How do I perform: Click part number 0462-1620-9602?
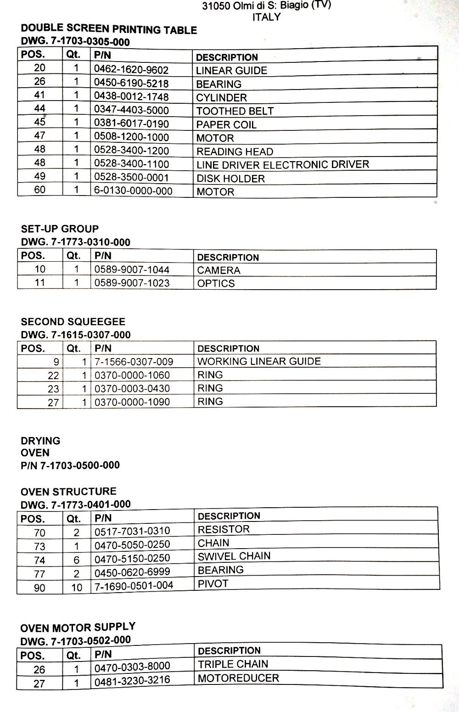pyautogui.click(x=131, y=70)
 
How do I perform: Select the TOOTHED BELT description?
pyautogui.click(x=235, y=111)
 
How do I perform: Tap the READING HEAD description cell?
pyautogui.click(x=235, y=151)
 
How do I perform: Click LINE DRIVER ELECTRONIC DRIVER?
pyautogui.click(x=283, y=164)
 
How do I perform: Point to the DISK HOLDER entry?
pyautogui.click(x=230, y=179)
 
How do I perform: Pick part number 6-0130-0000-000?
pyautogui.click(x=133, y=191)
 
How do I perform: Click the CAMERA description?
pyautogui.click(x=218, y=270)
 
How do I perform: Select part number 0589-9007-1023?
pyautogui.click(x=132, y=283)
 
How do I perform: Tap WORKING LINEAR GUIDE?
pyautogui.click(x=259, y=361)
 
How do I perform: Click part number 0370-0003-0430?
pyautogui.click(x=132, y=388)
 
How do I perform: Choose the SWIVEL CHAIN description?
pyautogui.click(x=234, y=556)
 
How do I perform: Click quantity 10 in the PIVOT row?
pyautogui.click(x=77, y=588)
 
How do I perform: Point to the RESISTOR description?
pyautogui.click(x=224, y=529)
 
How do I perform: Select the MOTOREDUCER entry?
pyautogui.click(x=238, y=678)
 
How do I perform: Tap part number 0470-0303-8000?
pyautogui.click(x=132, y=667)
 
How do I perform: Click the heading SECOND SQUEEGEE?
pyautogui.click(x=73, y=321)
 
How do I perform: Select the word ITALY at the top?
pyautogui.click(x=266, y=17)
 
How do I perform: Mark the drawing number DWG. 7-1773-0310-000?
pyautogui.click(x=76, y=242)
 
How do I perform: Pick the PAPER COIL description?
pyautogui.click(x=226, y=125)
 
